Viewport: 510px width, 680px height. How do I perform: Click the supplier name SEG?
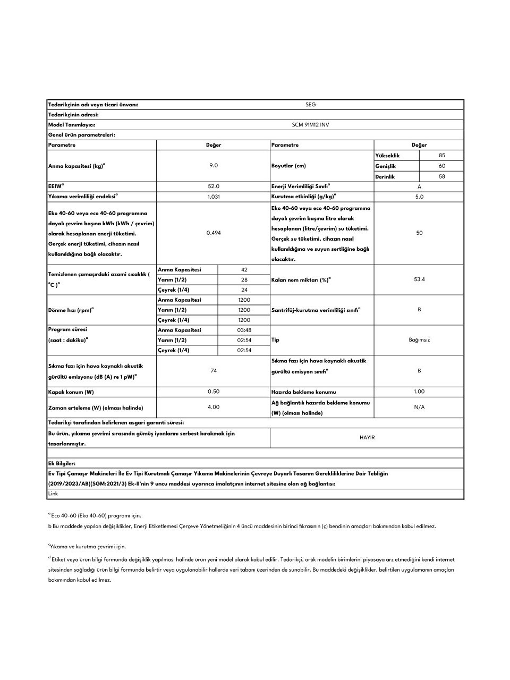[x=310, y=105]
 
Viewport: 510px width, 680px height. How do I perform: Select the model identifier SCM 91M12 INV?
[x=310, y=125]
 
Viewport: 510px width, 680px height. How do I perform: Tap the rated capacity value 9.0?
[x=214, y=165]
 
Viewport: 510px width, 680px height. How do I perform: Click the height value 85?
[x=442, y=156]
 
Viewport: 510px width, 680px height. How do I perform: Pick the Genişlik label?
[x=386, y=166]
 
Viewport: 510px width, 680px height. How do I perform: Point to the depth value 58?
[x=442, y=176]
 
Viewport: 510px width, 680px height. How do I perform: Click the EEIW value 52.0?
[x=214, y=186]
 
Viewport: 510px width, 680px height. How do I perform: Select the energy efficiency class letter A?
[x=419, y=186]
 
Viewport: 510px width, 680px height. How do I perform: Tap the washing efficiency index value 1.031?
[x=214, y=197]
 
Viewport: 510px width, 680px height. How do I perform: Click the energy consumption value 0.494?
[x=214, y=233]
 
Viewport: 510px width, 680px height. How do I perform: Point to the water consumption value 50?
[x=419, y=233]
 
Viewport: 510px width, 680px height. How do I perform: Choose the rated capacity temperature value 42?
[x=244, y=269]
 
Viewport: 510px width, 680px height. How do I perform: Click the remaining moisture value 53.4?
[x=419, y=279]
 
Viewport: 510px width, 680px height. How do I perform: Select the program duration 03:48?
[x=244, y=330]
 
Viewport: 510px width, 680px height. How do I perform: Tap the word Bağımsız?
[x=419, y=339]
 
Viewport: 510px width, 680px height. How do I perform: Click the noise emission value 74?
[x=214, y=370]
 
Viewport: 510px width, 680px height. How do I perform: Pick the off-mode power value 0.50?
[x=214, y=392]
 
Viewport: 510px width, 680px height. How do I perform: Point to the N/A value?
[x=419, y=407]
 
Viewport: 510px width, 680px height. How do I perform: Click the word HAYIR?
[x=367, y=438]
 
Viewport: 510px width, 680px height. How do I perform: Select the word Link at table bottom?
[x=53, y=494]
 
